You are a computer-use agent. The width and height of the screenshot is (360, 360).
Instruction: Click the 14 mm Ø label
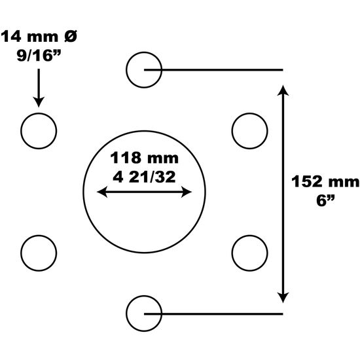coord(39,37)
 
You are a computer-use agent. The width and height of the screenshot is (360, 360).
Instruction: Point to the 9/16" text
coord(39,56)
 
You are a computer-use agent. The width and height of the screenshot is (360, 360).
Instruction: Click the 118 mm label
coord(144,158)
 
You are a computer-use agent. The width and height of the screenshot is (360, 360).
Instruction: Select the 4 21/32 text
coord(144,177)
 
